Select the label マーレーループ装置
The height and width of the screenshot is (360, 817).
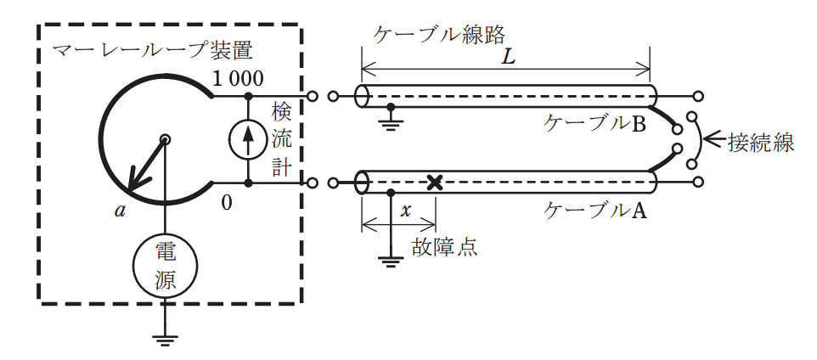[x=153, y=52]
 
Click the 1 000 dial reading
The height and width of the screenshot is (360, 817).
[x=238, y=78]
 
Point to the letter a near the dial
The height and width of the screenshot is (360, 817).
[x=121, y=210]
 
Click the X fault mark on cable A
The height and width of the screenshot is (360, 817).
[x=434, y=183]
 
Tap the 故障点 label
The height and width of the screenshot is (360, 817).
[x=444, y=246]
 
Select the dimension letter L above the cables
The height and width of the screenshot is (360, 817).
[x=507, y=57]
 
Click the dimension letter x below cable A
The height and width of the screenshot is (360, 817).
[x=407, y=211]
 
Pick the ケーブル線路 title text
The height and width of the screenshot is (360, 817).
[x=439, y=35]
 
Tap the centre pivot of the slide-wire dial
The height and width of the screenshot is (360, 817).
[x=165, y=139]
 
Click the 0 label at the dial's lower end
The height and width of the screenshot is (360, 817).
[x=226, y=202]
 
